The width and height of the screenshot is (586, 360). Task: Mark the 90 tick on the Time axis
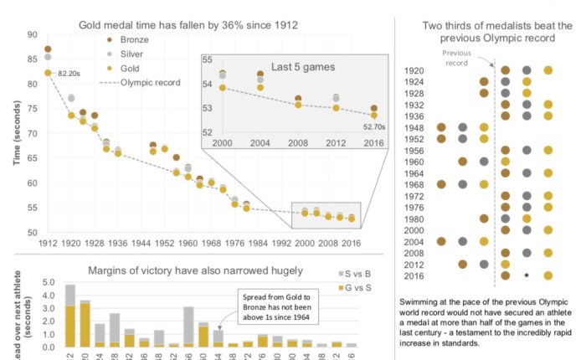[x=32, y=34]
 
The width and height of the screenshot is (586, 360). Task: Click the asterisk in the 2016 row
[x=527, y=275]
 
